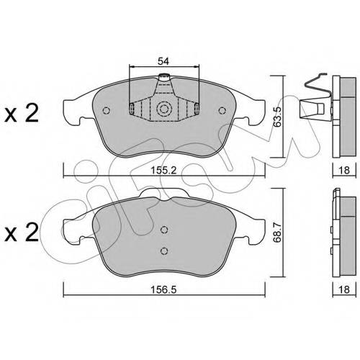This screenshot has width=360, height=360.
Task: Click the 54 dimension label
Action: (x=163, y=61)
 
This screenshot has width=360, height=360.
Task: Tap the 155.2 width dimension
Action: (x=163, y=171)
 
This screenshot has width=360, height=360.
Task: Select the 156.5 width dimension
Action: (x=163, y=289)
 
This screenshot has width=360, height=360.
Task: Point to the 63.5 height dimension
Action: (x=278, y=117)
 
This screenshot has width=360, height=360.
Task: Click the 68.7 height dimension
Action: (x=278, y=233)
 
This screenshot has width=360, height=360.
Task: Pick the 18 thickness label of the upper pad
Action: (x=344, y=170)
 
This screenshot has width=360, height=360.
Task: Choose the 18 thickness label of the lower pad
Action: (x=344, y=289)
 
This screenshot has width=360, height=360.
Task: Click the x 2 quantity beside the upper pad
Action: (x=22, y=114)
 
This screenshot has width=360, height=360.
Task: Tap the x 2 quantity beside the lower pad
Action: (x=22, y=233)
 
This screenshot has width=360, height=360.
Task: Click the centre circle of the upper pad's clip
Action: (x=164, y=109)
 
